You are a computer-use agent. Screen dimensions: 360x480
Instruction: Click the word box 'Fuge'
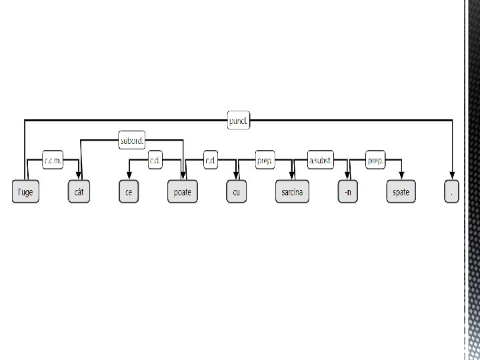[x=26, y=192]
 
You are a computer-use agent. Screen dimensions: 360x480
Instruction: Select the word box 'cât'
[x=79, y=192]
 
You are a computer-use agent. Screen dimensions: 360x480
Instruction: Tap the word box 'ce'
[x=129, y=192]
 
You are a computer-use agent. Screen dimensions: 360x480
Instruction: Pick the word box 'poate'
[x=182, y=192]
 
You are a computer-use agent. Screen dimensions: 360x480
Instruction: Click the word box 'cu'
[x=236, y=192]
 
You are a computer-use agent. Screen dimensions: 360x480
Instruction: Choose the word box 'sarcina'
[x=292, y=192]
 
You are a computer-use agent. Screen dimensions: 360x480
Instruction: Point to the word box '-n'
[x=347, y=192]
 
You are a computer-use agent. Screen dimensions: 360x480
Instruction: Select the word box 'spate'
[x=401, y=192]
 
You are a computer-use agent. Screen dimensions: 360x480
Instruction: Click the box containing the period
[x=453, y=192]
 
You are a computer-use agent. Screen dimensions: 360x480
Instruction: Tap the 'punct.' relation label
[x=239, y=121]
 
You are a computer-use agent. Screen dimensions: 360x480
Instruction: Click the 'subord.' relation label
[x=131, y=141]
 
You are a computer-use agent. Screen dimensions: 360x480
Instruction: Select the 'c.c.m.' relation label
[x=53, y=161]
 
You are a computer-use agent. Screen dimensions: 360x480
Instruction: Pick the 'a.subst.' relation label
[x=320, y=161]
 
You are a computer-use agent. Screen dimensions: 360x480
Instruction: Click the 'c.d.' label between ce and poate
[x=155, y=161]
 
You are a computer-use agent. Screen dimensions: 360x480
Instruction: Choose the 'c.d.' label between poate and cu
[x=210, y=161]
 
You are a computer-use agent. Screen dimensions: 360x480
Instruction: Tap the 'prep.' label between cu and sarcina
[x=265, y=161]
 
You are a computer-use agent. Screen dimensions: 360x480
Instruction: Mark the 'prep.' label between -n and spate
[x=375, y=161]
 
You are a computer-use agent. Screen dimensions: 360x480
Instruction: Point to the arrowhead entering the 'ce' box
[x=129, y=177]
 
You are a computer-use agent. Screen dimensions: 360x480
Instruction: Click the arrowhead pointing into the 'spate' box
[x=401, y=177]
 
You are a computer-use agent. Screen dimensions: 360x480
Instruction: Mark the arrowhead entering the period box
[x=453, y=177]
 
